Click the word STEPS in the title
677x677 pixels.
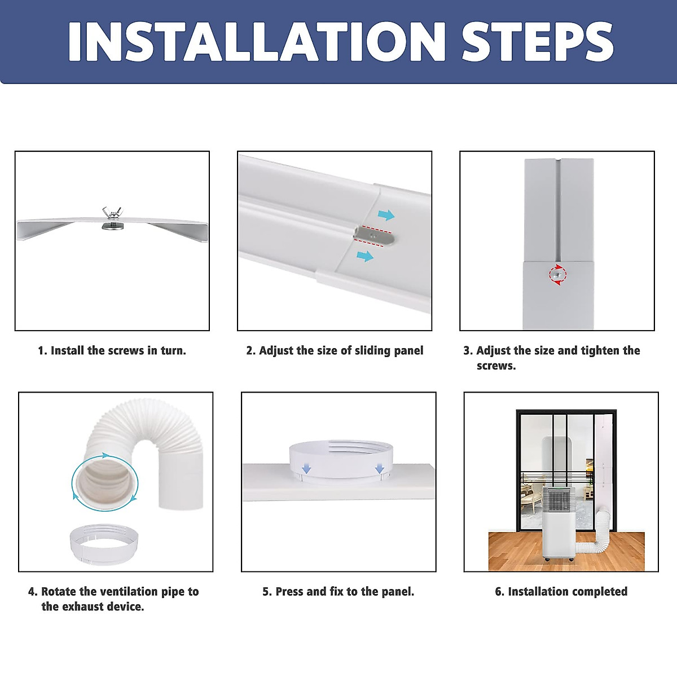pyautogui.click(x=538, y=41)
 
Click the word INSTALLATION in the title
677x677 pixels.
pyautogui.click(x=257, y=41)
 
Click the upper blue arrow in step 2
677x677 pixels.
pyautogui.click(x=386, y=214)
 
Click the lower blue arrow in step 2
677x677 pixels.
pyautogui.click(x=365, y=256)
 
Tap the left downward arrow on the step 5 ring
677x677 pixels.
pyautogui.click(x=306, y=468)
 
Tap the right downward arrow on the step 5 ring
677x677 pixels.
pyautogui.click(x=380, y=468)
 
